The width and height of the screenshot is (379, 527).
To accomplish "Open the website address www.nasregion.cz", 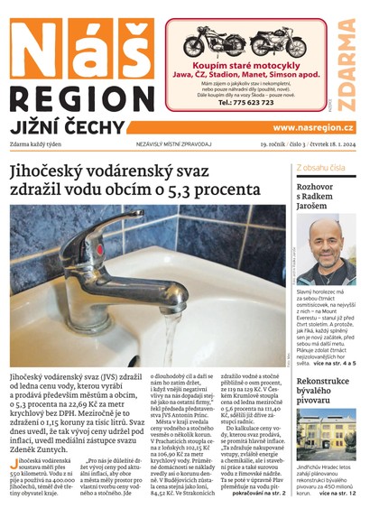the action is click(312, 128).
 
